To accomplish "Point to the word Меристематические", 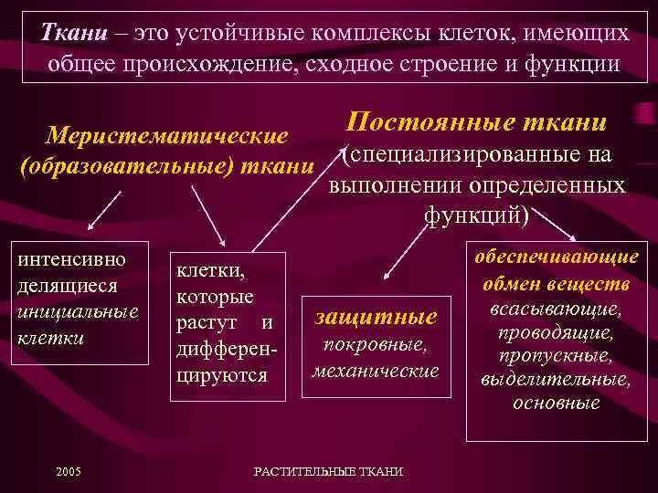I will click(167, 136).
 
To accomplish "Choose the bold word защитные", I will click(376, 318).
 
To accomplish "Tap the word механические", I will click(376, 371).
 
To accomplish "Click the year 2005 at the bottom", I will click(68, 471).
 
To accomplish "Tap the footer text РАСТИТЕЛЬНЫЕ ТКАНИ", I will click(328, 471).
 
